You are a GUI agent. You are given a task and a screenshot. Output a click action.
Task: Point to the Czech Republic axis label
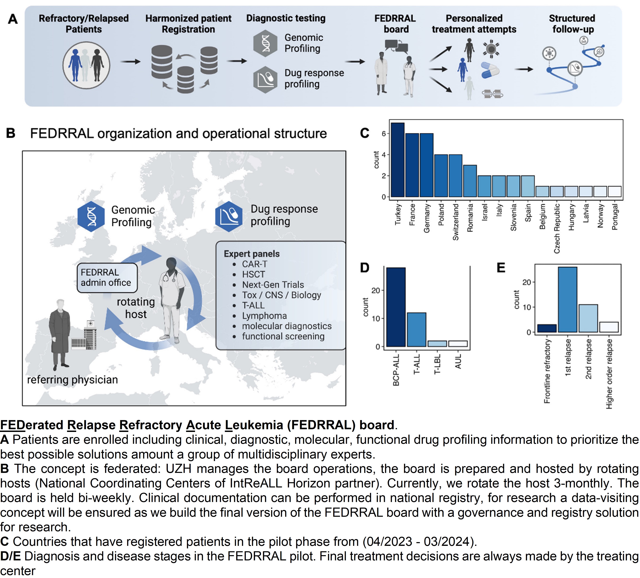point(557,228)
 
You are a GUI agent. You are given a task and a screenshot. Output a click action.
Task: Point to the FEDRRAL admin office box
point(107,278)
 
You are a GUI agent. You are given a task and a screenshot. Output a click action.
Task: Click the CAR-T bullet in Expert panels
point(255,264)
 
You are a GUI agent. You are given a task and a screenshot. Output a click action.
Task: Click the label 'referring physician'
point(72,380)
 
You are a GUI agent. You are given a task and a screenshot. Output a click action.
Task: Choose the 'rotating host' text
point(136,308)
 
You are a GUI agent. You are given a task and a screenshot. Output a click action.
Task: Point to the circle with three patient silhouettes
point(86,65)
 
